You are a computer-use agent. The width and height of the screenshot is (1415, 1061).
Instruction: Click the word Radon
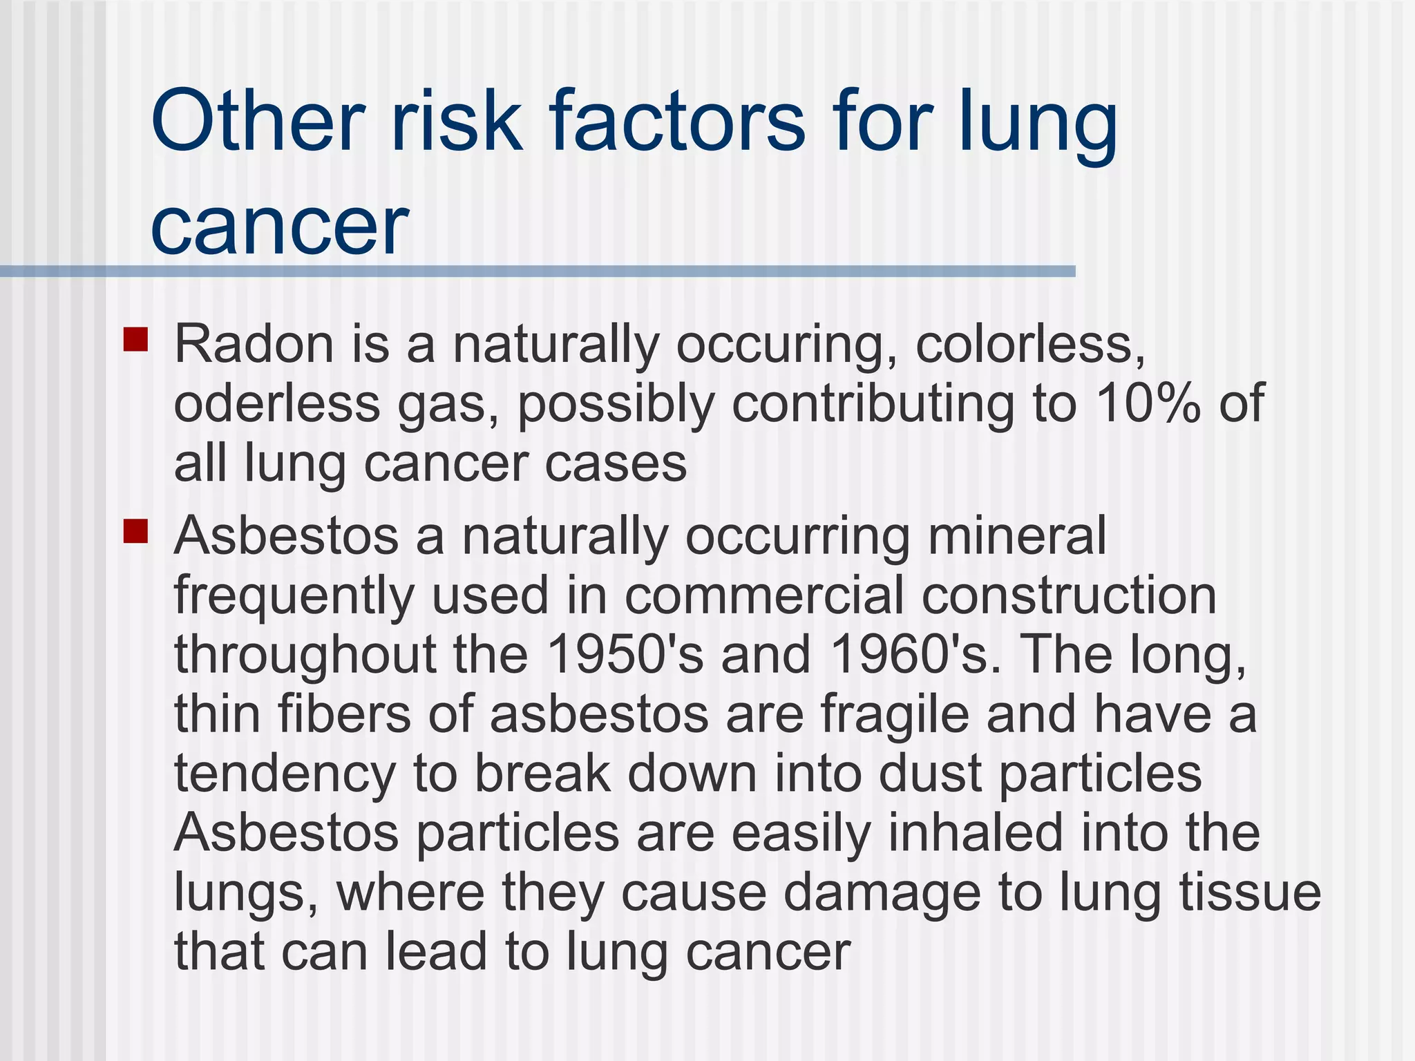pyautogui.click(x=254, y=343)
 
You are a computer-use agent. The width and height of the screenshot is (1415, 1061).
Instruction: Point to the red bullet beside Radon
pyautogui.click(x=136, y=340)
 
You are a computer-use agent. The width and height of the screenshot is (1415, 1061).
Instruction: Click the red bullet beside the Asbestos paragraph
pyautogui.click(x=136, y=532)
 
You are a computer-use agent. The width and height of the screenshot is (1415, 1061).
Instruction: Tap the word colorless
pyautogui.click(x=1029, y=343)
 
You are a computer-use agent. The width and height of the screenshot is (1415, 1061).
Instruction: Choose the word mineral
pyautogui.click(x=1016, y=535)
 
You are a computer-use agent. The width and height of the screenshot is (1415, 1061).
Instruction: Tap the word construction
pyautogui.click(x=1069, y=595)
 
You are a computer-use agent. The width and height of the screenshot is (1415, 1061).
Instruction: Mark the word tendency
pyautogui.click(x=285, y=774)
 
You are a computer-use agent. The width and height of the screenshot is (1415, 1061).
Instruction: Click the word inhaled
pyautogui.click(x=974, y=832)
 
